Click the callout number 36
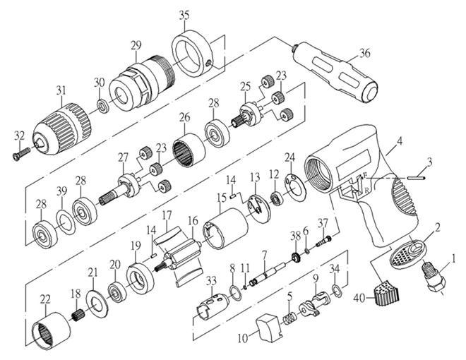(364, 53)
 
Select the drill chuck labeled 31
(61, 128)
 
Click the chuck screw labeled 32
(22, 154)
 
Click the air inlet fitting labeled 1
(434, 277)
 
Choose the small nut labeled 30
(102, 106)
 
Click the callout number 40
(359, 298)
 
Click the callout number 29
(136, 45)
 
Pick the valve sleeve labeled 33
(213, 304)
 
